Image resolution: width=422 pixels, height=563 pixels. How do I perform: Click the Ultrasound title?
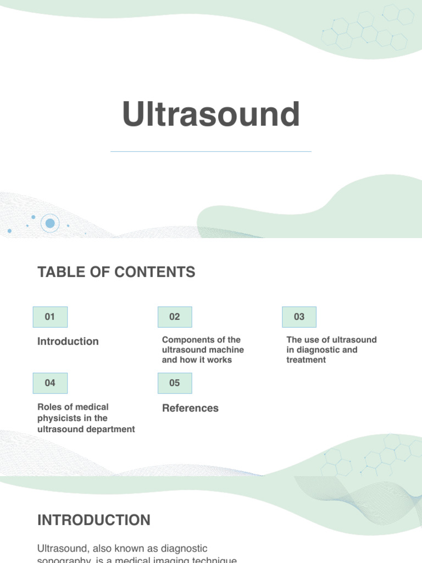pos(211,114)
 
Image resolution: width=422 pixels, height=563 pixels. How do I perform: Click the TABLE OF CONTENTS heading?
pos(116,272)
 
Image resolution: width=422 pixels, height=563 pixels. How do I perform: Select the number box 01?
pos(50,317)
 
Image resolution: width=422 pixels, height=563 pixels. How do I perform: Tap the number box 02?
pos(175,317)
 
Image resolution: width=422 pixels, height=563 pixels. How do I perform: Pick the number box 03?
pos(299,317)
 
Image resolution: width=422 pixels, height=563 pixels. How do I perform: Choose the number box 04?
pos(50,383)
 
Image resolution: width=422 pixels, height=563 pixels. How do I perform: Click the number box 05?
pos(175,383)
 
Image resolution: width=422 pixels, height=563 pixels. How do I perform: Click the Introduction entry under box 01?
pos(68,341)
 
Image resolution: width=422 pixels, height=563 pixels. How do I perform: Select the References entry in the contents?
pos(190,408)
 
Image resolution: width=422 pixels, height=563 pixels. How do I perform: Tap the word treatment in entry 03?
pos(306,360)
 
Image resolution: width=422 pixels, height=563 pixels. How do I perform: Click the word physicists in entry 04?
pos(59,418)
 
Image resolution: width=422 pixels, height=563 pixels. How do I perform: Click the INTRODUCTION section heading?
pos(93,520)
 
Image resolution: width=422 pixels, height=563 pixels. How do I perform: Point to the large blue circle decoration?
pos(50,223)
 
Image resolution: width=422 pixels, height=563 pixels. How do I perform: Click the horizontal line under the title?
pos(211,151)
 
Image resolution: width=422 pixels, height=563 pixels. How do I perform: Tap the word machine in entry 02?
pos(226,350)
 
